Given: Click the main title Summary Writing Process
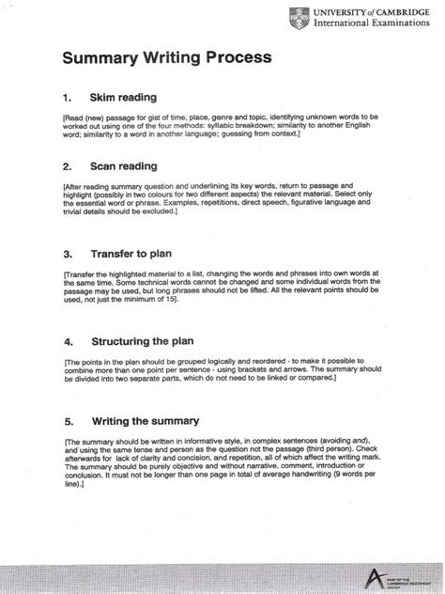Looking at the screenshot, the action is tap(167, 58).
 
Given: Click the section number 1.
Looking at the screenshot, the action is tap(66, 98).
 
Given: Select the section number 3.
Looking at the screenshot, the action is tap(66, 254).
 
